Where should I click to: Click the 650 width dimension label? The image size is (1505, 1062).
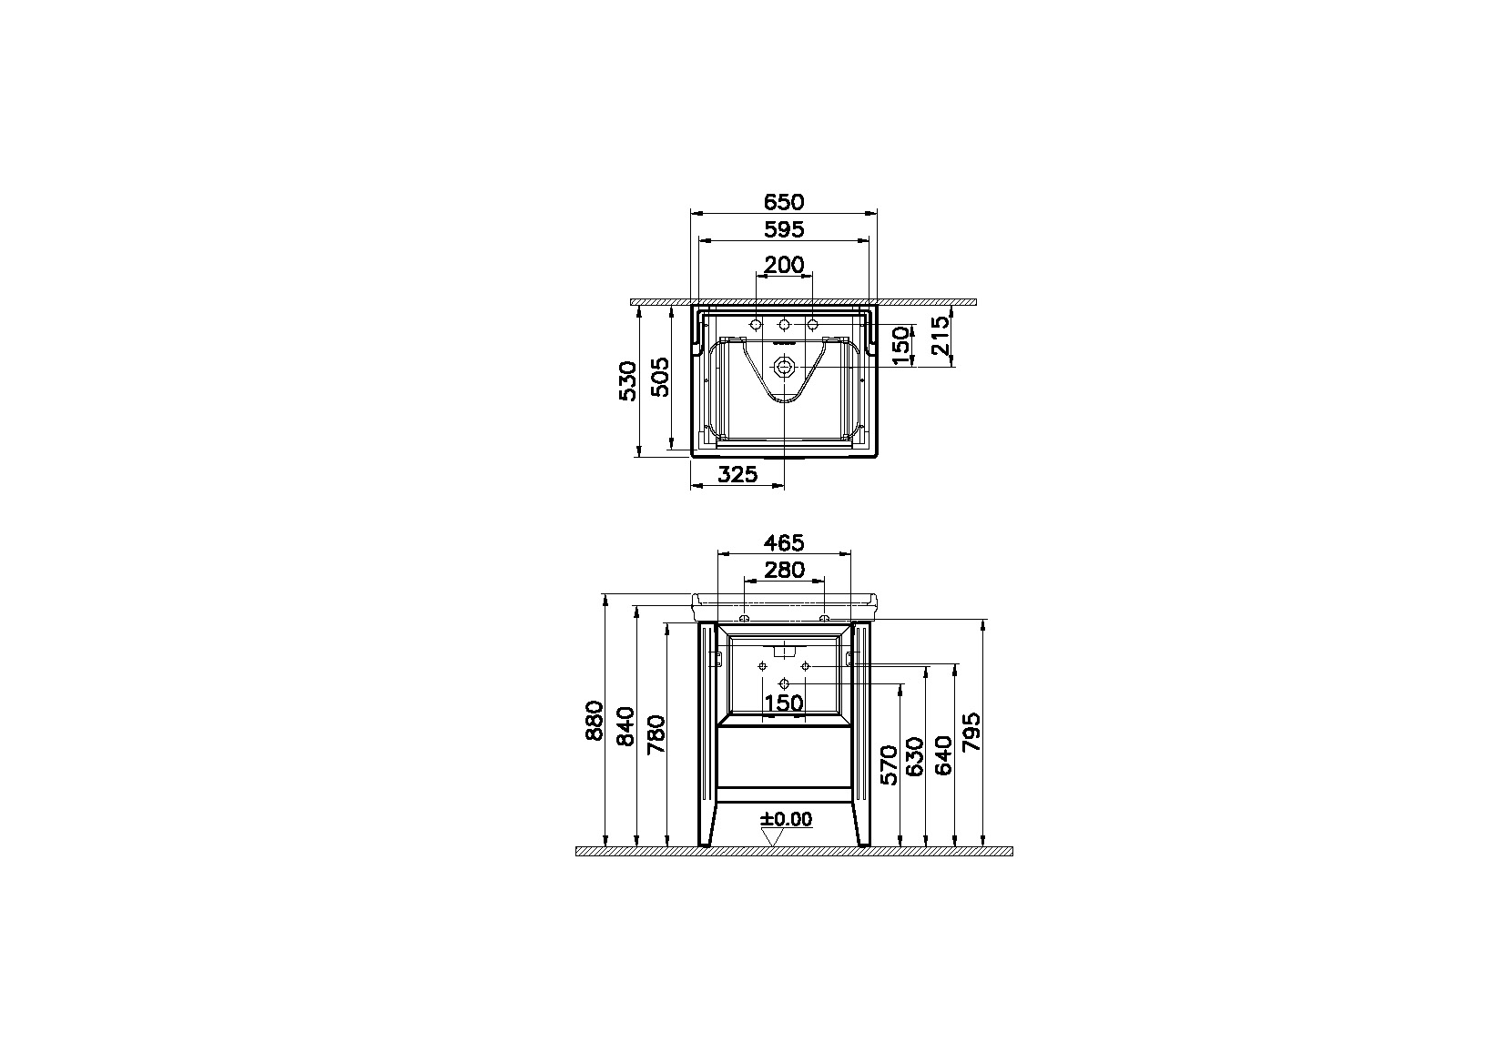click(783, 201)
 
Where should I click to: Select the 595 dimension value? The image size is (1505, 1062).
click(783, 229)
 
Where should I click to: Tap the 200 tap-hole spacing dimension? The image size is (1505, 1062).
click(783, 265)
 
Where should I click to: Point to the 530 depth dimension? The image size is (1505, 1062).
click(627, 381)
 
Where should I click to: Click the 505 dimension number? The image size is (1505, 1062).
click(661, 377)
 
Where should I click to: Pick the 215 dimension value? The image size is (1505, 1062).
click(940, 335)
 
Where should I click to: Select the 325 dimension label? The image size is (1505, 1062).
click(737, 475)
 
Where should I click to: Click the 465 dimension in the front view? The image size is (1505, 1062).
click(783, 542)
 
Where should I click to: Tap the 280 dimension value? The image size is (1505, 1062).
click(784, 570)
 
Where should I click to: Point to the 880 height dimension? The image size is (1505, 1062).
click(595, 720)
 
